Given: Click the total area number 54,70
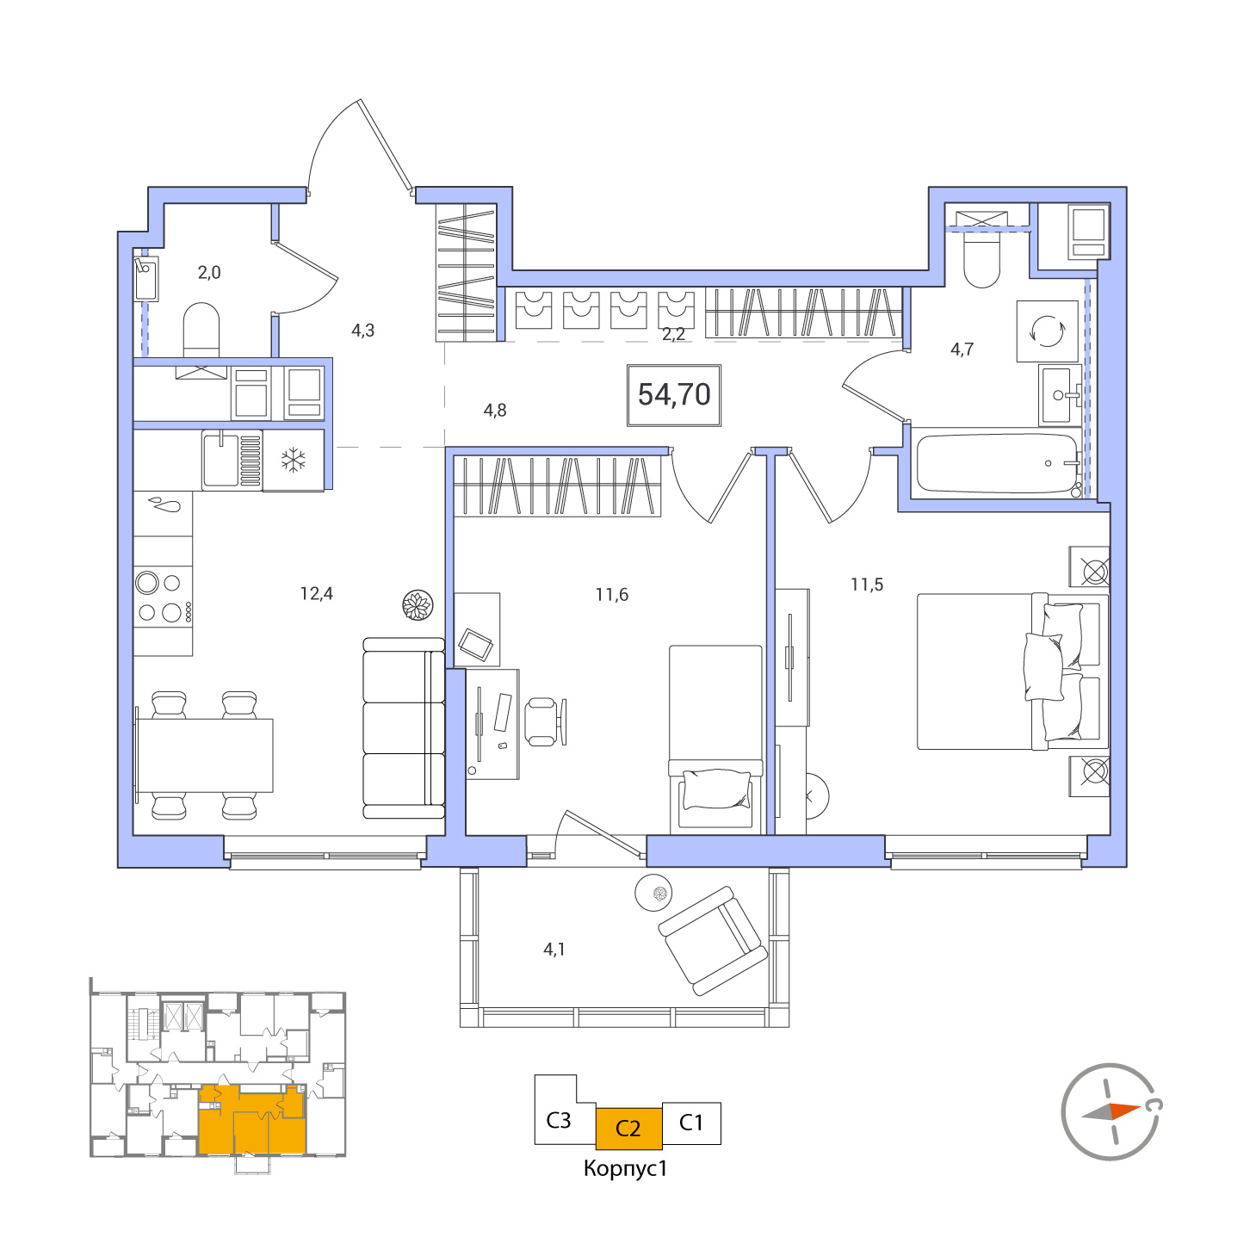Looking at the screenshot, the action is pos(673,394).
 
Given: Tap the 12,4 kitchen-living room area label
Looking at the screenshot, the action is pos(316,593).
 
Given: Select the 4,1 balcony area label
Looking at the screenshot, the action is pos(554,949).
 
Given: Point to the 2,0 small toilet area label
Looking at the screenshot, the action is pos(209,272).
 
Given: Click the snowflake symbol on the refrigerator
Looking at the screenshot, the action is pos(294,460).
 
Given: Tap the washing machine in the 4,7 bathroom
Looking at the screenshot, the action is pos(1047,331).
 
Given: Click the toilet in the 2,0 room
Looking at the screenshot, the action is pos(201,330).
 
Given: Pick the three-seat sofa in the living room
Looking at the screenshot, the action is pos(404,728).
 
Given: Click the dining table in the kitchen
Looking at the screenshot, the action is pos(205,756).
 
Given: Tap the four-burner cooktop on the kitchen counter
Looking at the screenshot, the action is pos(163,597).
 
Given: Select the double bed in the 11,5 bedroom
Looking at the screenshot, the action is pos(1012,671).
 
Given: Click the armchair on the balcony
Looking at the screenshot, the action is pos(713,941).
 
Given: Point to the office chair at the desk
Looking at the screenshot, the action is pos(546,721).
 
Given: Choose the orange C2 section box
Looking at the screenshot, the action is pos(628,1129).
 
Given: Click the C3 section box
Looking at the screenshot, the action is pos(558,1120).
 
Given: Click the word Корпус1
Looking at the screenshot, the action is pos(626,1168).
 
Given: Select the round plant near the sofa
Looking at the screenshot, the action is pos(418,604).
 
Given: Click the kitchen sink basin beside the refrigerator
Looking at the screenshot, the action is pos(220,460).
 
